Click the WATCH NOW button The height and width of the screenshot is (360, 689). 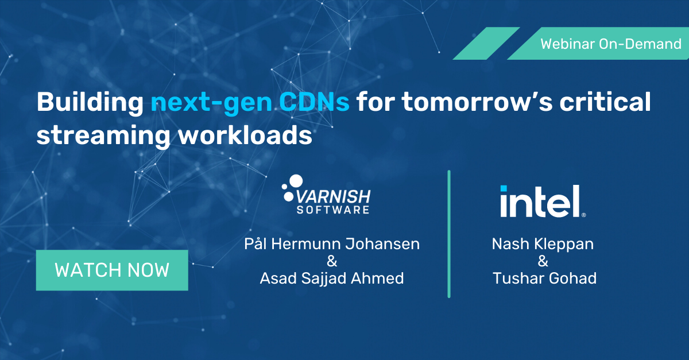(112, 270)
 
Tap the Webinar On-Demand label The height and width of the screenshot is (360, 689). (610, 44)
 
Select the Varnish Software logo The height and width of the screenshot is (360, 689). (326, 195)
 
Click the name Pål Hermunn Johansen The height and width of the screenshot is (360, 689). (332, 243)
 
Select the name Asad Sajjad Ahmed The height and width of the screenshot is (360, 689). (332, 278)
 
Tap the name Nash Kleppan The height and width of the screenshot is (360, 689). (543, 243)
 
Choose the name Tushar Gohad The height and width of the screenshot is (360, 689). (544, 278)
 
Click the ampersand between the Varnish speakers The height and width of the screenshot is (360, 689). (332, 261)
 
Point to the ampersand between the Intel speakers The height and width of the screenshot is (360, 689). (543, 261)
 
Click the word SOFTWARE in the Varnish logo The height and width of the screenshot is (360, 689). (333, 210)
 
